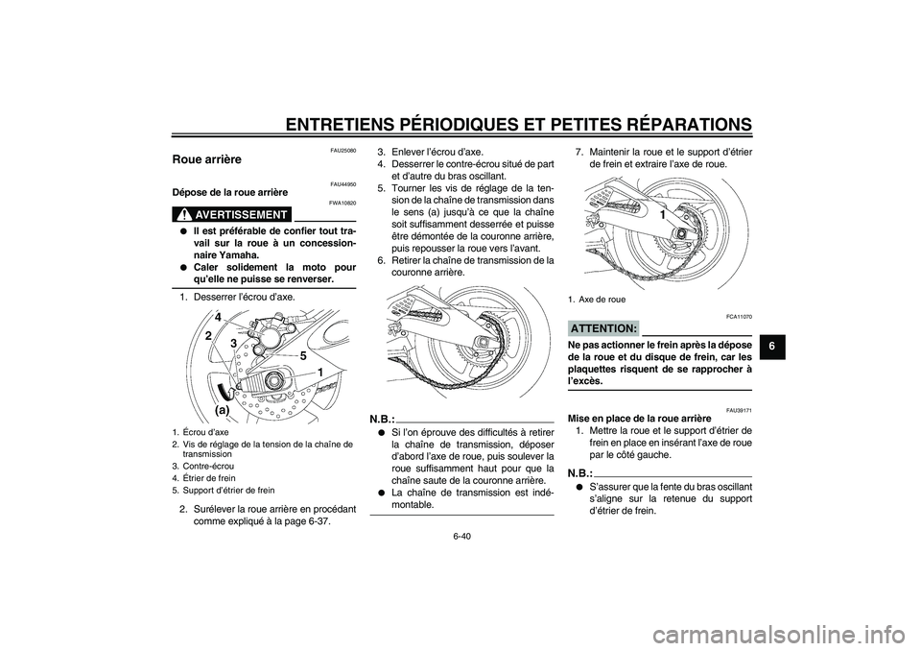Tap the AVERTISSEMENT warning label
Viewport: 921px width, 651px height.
tap(236, 214)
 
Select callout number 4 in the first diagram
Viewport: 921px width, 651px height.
tap(218, 317)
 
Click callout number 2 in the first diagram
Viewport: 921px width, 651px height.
tap(207, 336)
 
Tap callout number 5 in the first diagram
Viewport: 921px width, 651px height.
tap(301, 356)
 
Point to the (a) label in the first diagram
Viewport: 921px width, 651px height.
tap(221, 408)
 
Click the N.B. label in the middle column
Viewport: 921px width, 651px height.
tap(382, 419)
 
